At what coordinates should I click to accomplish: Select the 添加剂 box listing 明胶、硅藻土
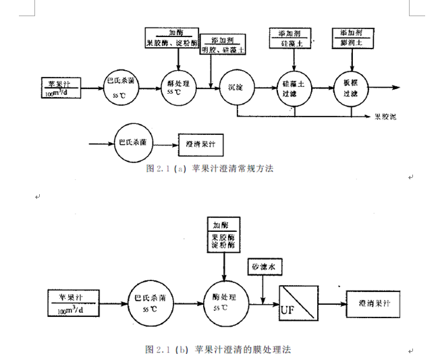pyautogui.click(x=224, y=45)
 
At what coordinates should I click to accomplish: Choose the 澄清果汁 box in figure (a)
pyautogui.click(x=200, y=143)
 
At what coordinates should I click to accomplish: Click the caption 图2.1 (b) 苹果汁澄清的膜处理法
pyautogui.click(x=219, y=349)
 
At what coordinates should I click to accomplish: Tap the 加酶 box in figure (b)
pyautogui.click(x=223, y=237)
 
